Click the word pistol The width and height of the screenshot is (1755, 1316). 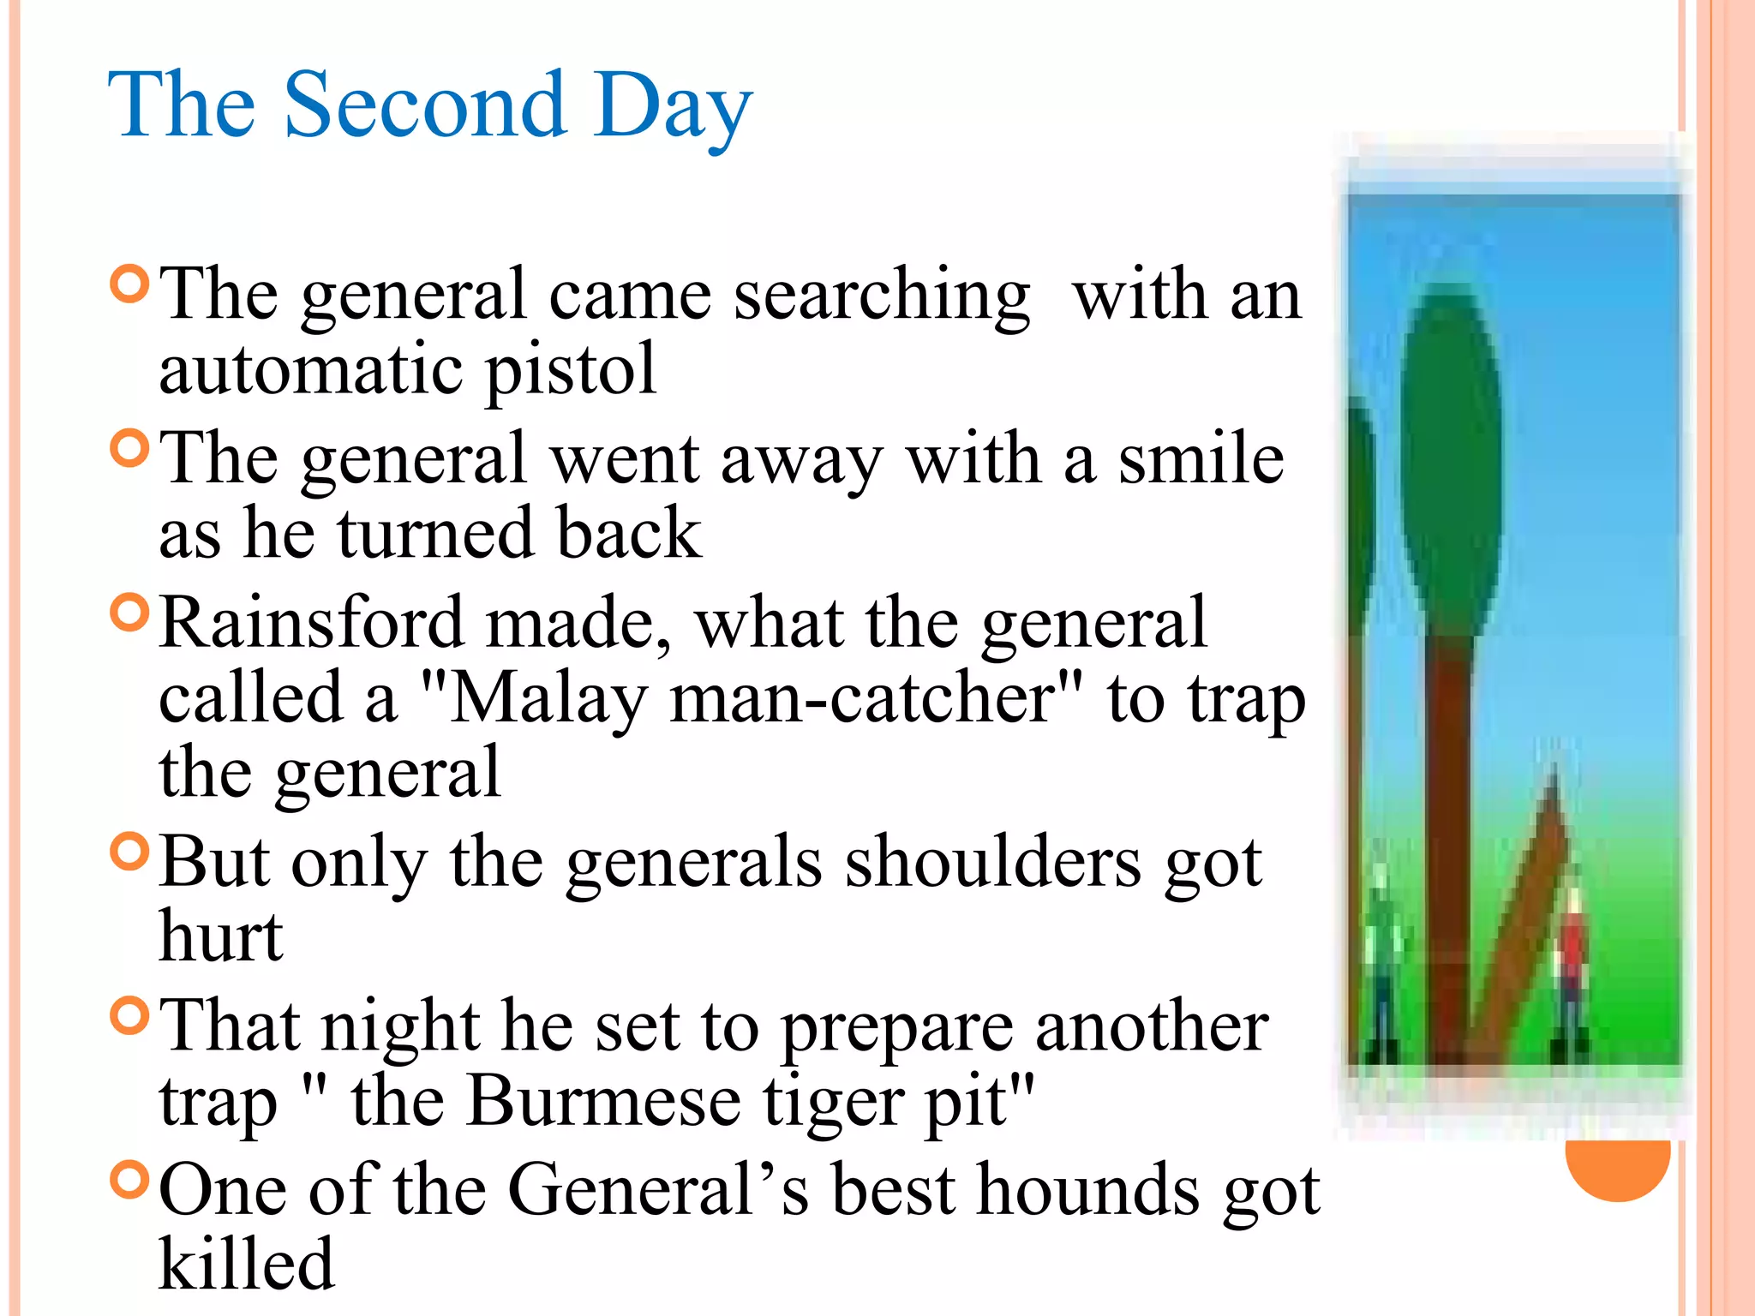[x=571, y=370]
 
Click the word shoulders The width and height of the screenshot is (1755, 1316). [x=993, y=862]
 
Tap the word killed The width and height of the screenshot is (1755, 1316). [x=247, y=1263]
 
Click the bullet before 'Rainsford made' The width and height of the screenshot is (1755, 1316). [x=130, y=612]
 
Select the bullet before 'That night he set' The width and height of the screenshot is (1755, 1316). [x=130, y=1015]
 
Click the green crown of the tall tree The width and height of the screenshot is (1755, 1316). [x=1450, y=454]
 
